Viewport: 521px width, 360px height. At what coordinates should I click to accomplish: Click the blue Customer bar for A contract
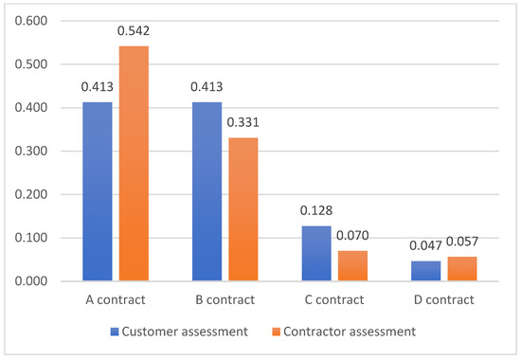pyautogui.click(x=97, y=191)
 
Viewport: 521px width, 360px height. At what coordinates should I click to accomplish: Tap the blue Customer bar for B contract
pyautogui.click(x=207, y=191)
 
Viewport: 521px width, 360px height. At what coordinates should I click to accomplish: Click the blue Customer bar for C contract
pyautogui.click(x=315, y=253)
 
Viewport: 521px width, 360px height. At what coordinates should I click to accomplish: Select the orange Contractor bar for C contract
pyautogui.click(x=352, y=266)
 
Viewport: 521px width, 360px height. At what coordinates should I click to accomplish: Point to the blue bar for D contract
pyautogui.click(x=425, y=271)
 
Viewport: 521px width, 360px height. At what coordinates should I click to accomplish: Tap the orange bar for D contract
pyautogui.click(x=461, y=269)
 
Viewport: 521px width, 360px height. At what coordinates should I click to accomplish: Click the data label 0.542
pyautogui.click(x=135, y=31)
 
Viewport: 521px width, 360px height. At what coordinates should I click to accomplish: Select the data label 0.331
pyautogui.click(x=243, y=123)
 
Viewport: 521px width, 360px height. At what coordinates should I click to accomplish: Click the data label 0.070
pyautogui.click(x=352, y=237)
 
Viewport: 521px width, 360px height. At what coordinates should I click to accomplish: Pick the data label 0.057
pyautogui.click(x=461, y=243)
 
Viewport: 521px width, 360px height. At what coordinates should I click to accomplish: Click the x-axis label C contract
pyautogui.click(x=333, y=300)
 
